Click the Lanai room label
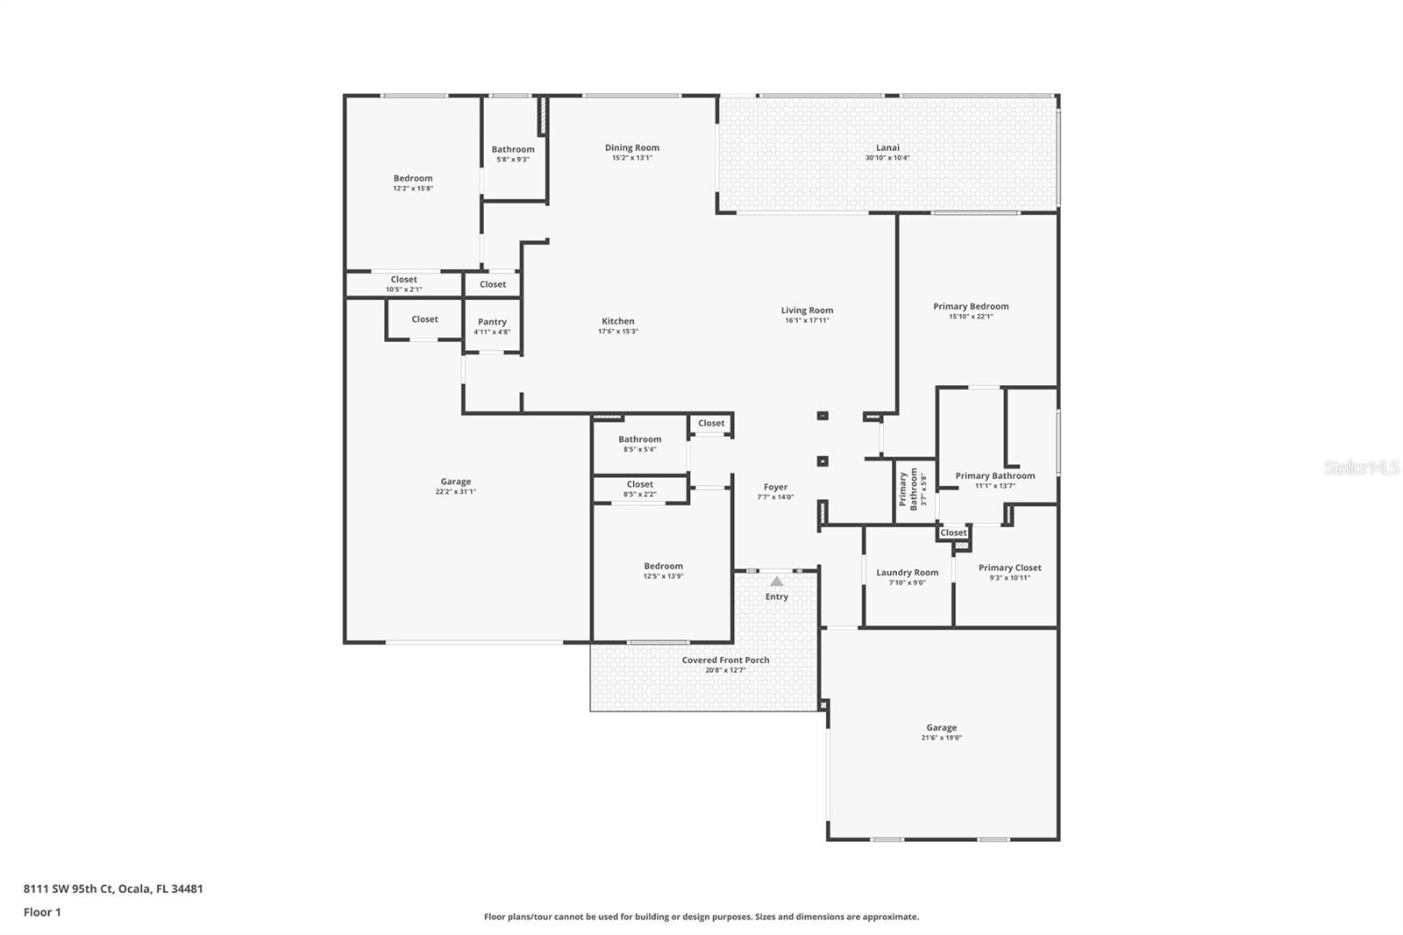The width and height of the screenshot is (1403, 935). pyautogui.click(x=887, y=147)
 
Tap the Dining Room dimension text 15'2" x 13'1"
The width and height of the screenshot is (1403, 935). pyautogui.click(x=631, y=158)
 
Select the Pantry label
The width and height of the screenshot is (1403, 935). pyautogui.click(x=492, y=322)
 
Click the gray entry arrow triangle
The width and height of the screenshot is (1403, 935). pyautogui.click(x=776, y=581)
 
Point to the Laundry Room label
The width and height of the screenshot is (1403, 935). pyautogui.click(x=907, y=573)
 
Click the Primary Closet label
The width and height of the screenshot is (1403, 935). pyautogui.click(x=1009, y=567)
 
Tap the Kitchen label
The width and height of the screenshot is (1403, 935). pyautogui.click(x=617, y=321)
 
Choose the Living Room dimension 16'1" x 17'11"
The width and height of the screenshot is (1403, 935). pyautogui.click(x=807, y=321)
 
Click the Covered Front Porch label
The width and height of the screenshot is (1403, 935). pyautogui.click(x=725, y=660)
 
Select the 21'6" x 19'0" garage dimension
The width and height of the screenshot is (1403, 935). pyautogui.click(x=941, y=738)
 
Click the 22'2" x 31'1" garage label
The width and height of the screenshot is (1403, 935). pyautogui.click(x=455, y=482)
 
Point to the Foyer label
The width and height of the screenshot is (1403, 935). pyautogui.click(x=775, y=487)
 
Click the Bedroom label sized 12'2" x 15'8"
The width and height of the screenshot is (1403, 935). pyautogui.click(x=412, y=178)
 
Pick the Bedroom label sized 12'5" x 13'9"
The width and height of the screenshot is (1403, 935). pyautogui.click(x=663, y=566)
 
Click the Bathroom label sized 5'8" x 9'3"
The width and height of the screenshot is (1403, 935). pyautogui.click(x=512, y=149)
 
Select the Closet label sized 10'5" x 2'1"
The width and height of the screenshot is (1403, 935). pyautogui.click(x=403, y=280)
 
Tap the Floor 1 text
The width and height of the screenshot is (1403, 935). pyautogui.click(x=42, y=912)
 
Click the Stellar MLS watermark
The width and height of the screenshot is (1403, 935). pyautogui.click(x=1361, y=467)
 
